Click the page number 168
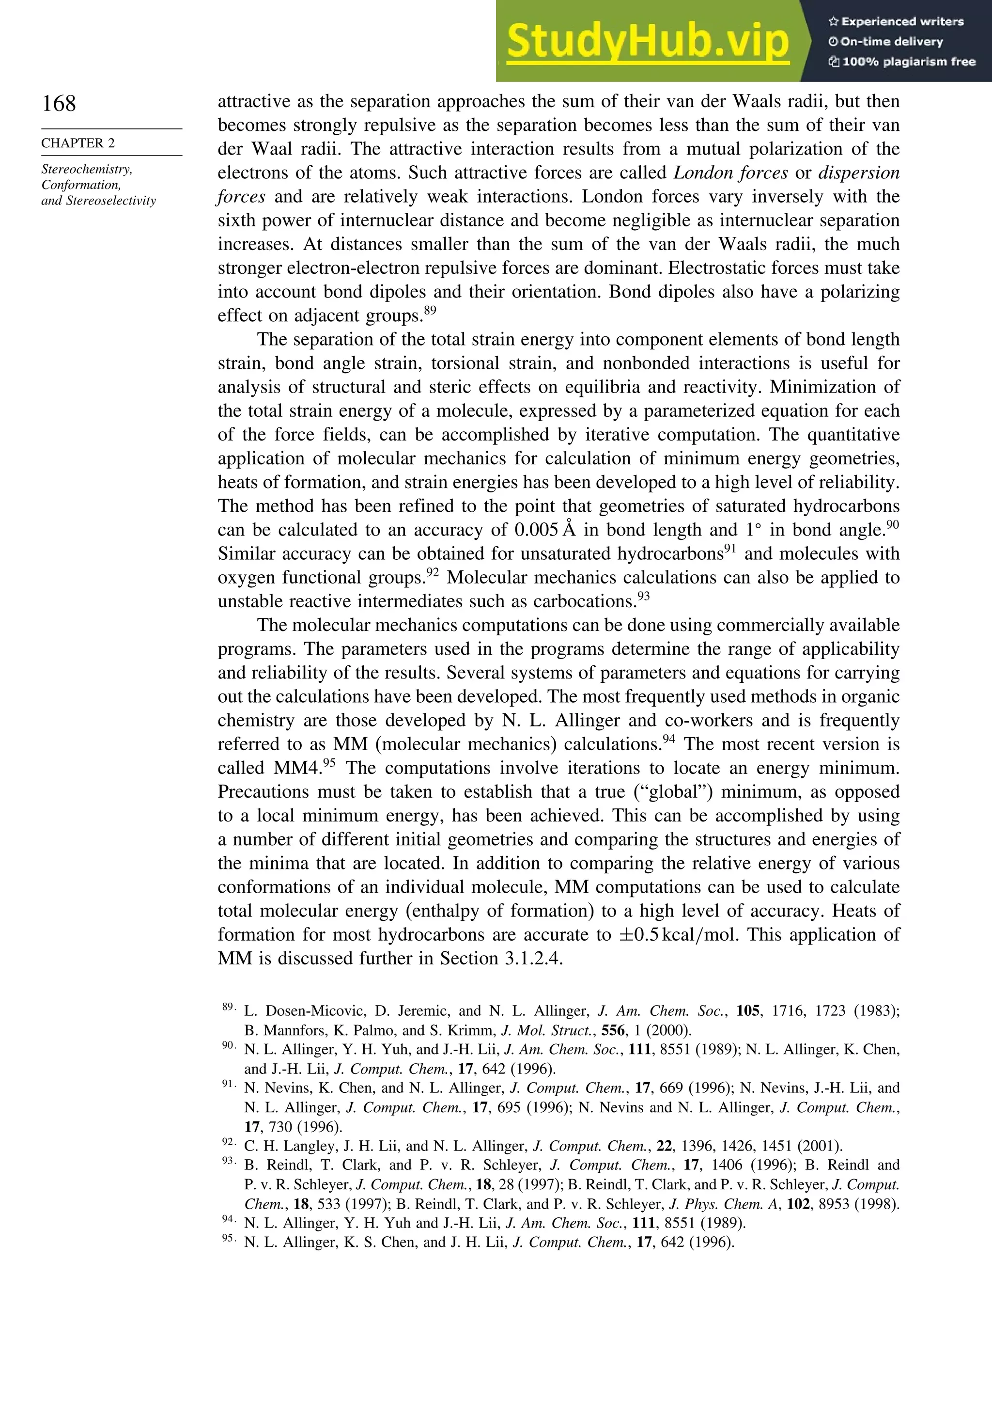pos(59,103)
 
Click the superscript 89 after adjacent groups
pos(430,311)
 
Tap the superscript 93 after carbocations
pos(643,597)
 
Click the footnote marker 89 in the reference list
pos(228,1008)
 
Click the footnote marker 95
pos(228,1238)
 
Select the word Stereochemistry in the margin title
pos(86,169)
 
